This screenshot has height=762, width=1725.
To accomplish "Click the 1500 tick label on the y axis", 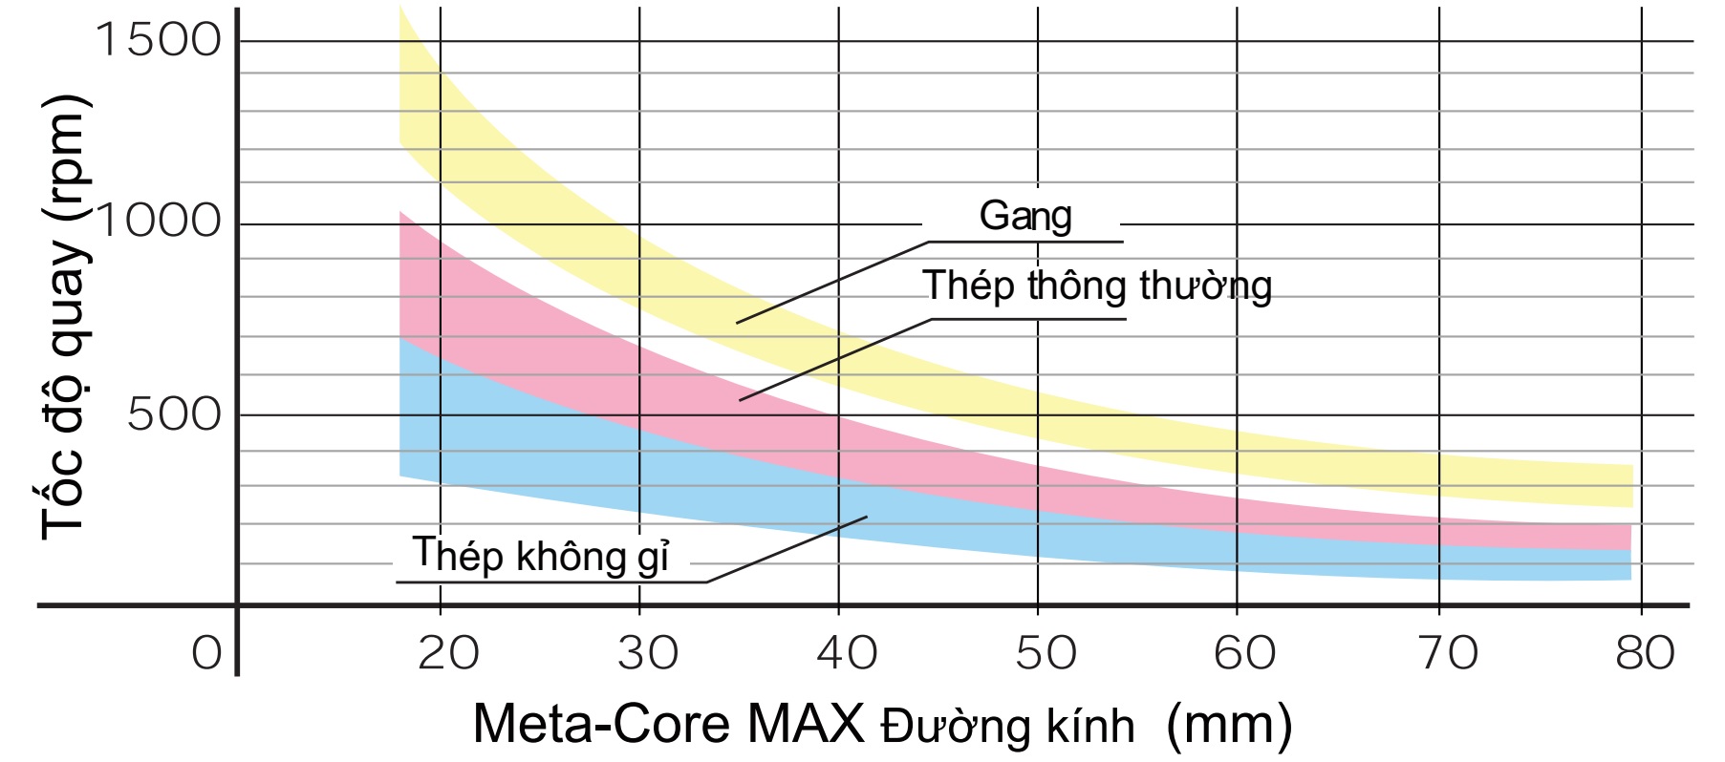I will pos(158,40).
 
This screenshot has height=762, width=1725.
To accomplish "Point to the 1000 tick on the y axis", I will pos(158,222).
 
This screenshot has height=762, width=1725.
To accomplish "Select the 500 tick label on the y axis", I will pos(174,414).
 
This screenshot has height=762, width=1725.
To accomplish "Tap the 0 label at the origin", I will pos(206,653).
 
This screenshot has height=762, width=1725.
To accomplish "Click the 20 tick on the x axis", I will pos(448,653).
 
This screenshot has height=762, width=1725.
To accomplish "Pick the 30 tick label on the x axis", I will pos(647,653).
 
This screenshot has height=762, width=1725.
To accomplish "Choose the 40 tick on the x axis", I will pos(847,653).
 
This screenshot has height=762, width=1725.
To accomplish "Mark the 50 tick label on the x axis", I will pos(1046,653).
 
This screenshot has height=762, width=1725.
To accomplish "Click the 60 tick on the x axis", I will pos(1244,653).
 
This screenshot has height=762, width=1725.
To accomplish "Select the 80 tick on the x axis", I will pos(1645,653).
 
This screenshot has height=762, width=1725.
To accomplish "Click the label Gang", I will pos(1024,216).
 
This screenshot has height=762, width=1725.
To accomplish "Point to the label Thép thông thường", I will pos(1096,286).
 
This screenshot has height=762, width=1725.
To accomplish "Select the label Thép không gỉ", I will pos(540,556).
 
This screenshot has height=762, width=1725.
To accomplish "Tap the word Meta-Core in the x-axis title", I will pos(601,724).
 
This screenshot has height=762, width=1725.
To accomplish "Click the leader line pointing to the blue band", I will pos(787,549).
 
